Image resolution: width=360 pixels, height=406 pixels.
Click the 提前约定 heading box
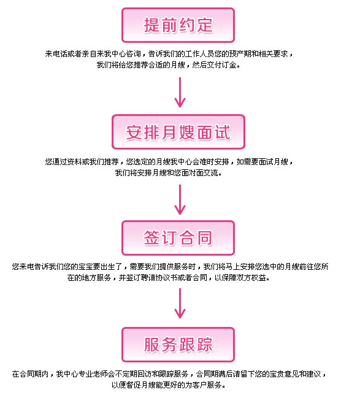(178, 25)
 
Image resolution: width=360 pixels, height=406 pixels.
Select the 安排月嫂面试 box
(178, 132)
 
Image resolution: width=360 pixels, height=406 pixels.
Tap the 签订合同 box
(178, 238)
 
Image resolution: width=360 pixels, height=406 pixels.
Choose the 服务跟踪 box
(178, 345)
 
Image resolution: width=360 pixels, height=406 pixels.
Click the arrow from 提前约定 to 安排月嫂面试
(180, 92)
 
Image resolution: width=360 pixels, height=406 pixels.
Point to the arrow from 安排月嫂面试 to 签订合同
(180, 199)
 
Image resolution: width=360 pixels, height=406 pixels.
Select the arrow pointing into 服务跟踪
(180, 303)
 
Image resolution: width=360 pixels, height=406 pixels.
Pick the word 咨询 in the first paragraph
(133, 54)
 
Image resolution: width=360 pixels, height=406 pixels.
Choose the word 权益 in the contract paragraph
(259, 278)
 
